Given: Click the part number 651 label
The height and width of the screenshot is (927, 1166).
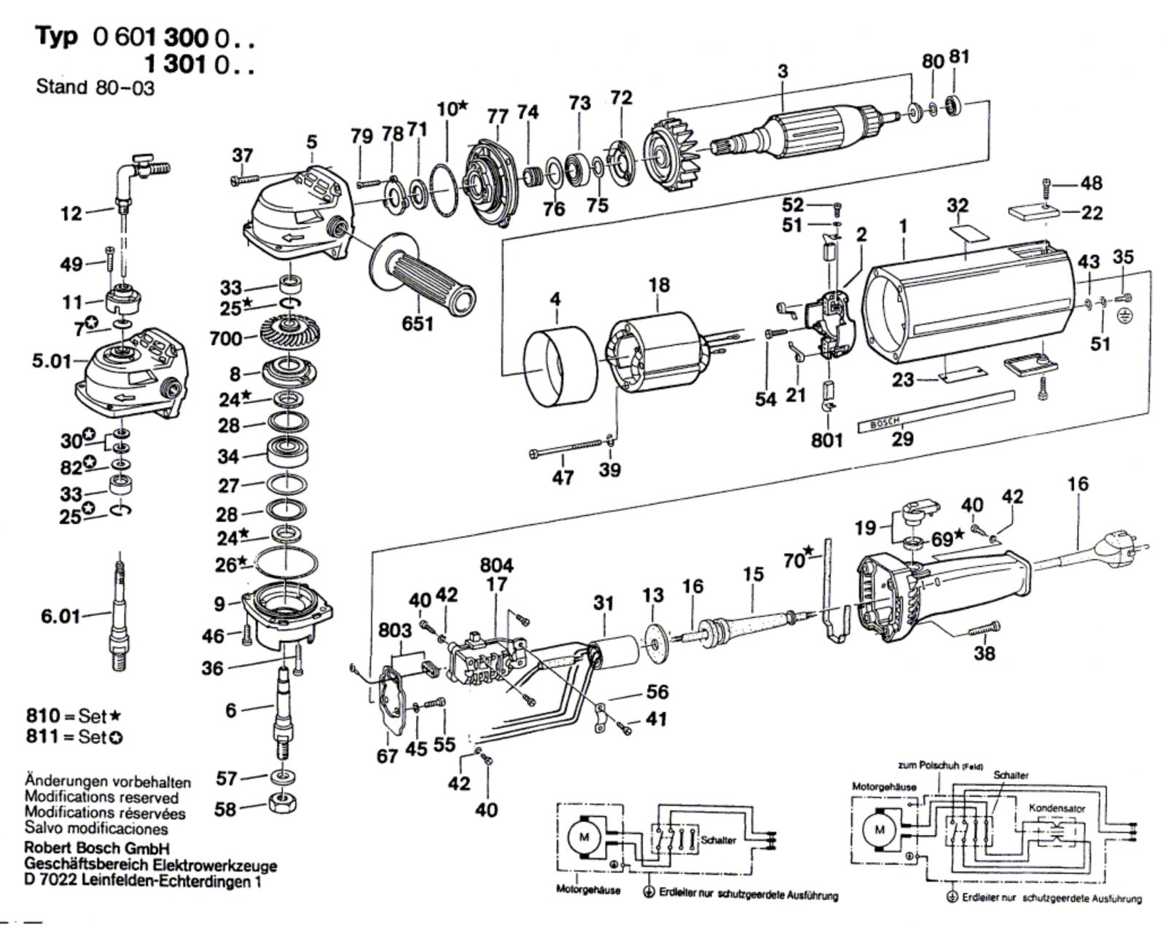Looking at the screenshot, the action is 417,324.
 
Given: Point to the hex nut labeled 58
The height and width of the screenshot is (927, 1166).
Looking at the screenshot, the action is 283,802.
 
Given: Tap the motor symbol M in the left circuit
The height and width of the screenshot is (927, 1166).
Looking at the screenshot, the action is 584,837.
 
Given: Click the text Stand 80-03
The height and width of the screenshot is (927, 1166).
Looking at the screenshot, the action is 95,87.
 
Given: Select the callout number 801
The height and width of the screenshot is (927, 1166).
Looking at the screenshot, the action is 827,440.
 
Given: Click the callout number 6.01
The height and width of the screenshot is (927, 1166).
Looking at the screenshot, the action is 60,616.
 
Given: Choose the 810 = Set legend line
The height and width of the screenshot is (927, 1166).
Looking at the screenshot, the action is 74,716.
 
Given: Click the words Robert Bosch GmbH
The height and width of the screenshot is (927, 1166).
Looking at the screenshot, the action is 97,848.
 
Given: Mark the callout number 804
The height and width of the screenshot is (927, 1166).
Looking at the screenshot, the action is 496,565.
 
